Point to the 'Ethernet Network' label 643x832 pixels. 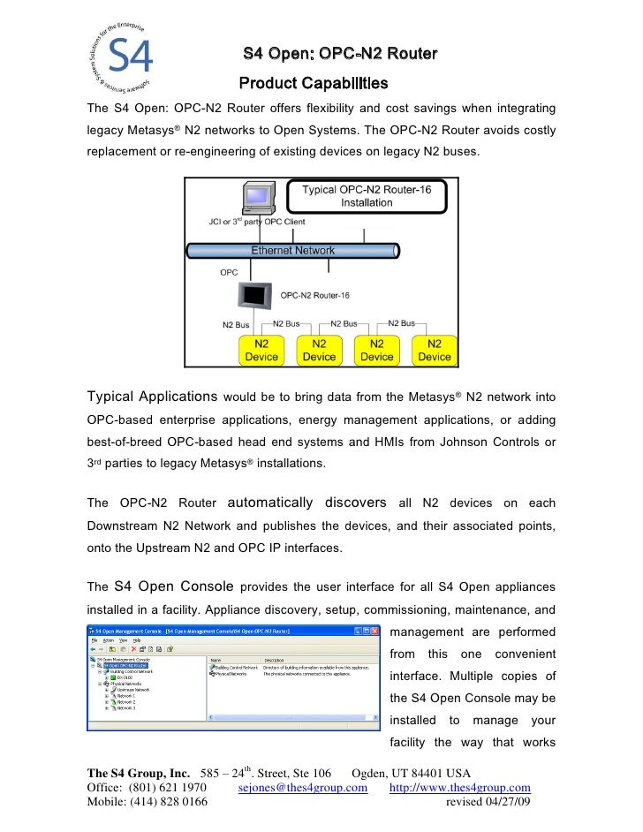tap(292, 250)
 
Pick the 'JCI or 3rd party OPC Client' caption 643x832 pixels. tap(256, 222)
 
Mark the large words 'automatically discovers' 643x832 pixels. tap(307, 503)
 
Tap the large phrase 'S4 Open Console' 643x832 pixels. tap(174, 586)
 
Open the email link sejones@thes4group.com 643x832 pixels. tap(303, 788)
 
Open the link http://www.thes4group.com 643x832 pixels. tap(459, 788)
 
